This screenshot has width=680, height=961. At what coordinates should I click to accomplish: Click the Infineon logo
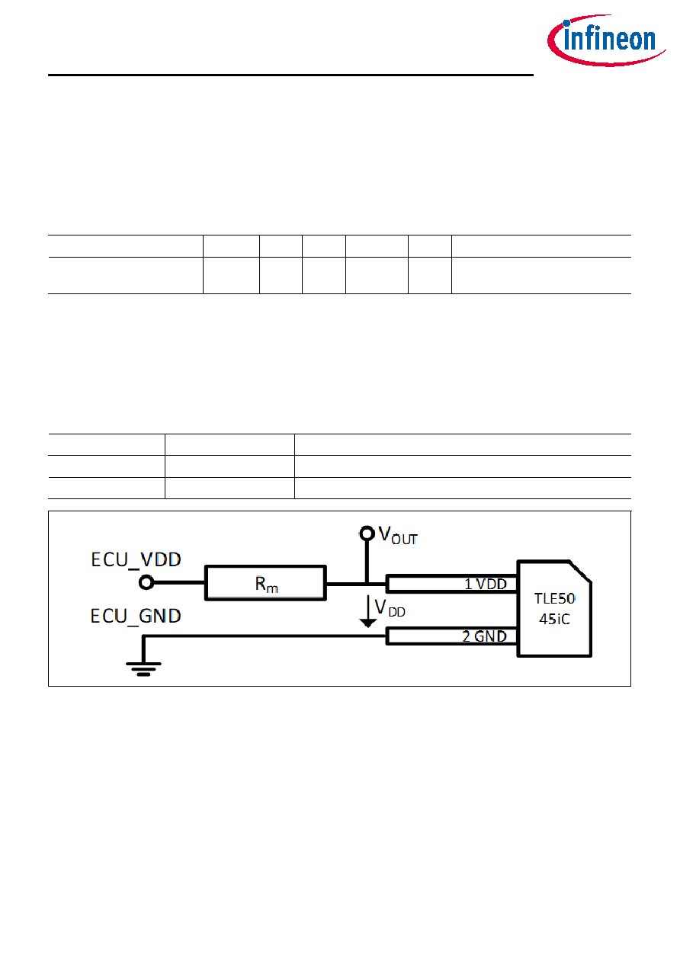point(606,40)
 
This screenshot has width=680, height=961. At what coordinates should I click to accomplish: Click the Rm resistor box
point(265,582)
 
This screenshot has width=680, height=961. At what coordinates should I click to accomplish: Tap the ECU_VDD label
point(136,560)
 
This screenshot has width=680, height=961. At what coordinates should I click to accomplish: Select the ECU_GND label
point(136,617)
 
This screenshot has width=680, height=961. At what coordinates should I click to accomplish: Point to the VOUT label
point(398,536)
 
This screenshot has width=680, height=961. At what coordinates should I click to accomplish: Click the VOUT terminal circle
point(367,533)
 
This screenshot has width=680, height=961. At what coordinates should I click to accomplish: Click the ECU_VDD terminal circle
point(146,582)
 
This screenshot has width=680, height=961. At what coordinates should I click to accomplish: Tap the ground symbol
point(143,669)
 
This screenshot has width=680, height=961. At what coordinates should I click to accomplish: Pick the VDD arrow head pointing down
point(367,623)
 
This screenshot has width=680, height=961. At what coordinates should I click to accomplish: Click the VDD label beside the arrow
point(390,608)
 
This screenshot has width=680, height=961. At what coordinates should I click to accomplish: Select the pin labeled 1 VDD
point(451,584)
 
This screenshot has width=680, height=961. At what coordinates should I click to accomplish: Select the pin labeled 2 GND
point(451,636)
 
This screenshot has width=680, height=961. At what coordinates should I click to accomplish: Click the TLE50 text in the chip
point(554,598)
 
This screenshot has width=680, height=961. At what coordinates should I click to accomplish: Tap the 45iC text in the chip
point(554,619)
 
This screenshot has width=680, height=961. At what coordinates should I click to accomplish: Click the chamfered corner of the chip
point(580,572)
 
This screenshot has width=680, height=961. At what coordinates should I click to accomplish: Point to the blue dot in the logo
point(566,23)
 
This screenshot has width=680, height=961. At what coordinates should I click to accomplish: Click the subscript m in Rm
point(272,588)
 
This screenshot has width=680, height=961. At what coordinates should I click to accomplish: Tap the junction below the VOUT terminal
point(367,584)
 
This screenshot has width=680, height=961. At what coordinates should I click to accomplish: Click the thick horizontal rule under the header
point(290,75)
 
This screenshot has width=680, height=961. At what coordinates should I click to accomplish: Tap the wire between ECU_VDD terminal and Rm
point(179,582)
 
